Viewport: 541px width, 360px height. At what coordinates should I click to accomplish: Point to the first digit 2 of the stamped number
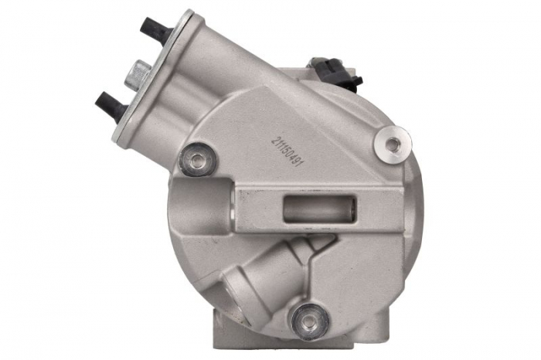275,139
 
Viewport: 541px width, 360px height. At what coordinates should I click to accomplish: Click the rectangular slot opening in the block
318,209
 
